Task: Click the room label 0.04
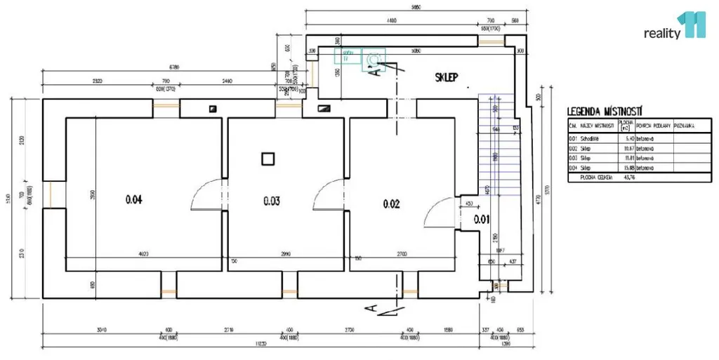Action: (134, 200)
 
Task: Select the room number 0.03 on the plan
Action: (272, 201)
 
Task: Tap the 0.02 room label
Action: (391, 204)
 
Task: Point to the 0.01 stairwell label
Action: (481, 219)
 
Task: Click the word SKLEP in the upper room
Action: (447, 78)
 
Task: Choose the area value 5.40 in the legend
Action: (626, 139)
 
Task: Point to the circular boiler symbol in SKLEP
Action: (374, 58)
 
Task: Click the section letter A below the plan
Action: (372, 307)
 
